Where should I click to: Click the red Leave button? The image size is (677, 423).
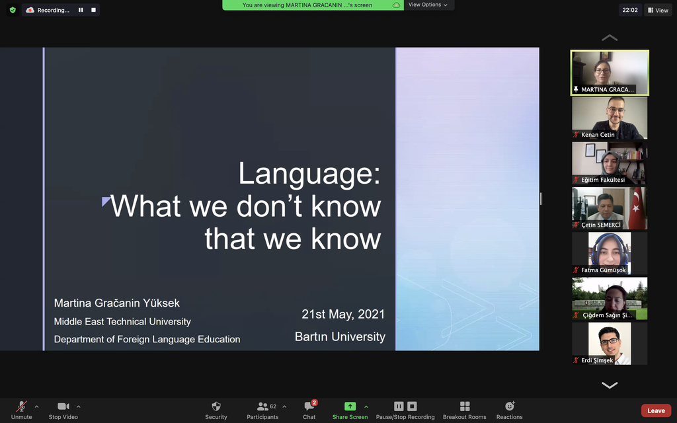pyautogui.click(x=656, y=410)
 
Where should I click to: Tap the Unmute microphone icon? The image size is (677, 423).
pyautogui.click(x=21, y=406)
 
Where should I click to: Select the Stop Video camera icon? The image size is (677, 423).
pyautogui.click(x=63, y=406)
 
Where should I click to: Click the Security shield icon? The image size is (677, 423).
pyautogui.click(x=216, y=406)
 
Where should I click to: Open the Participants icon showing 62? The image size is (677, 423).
pyautogui.click(x=262, y=406)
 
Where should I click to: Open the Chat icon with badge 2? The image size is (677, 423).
pyautogui.click(x=309, y=406)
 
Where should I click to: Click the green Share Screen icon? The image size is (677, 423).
pyautogui.click(x=350, y=406)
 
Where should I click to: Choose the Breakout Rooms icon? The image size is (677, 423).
pyautogui.click(x=465, y=406)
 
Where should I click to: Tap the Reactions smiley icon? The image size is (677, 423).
pyautogui.click(x=510, y=406)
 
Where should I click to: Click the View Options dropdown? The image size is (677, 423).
pyautogui.click(x=428, y=5)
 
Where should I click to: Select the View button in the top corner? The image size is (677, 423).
pyautogui.click(x=658, y=11)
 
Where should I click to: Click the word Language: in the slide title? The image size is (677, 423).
pyautogui.click(x=309, y=174)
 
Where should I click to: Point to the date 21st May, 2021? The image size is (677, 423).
pyautogui.click(x=343, y=314)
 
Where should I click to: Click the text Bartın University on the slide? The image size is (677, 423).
pyautogui.click(x=340, y=336)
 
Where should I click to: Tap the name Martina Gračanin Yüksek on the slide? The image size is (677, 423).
pyautogui.click(x=116, y=303)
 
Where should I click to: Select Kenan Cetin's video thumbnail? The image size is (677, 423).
pyautogui.click(x=610, y=118)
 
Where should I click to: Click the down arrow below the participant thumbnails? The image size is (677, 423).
pyautogui.click(x=610, y=385)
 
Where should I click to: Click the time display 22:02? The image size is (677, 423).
pyautogui.click(x=630, y=11)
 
